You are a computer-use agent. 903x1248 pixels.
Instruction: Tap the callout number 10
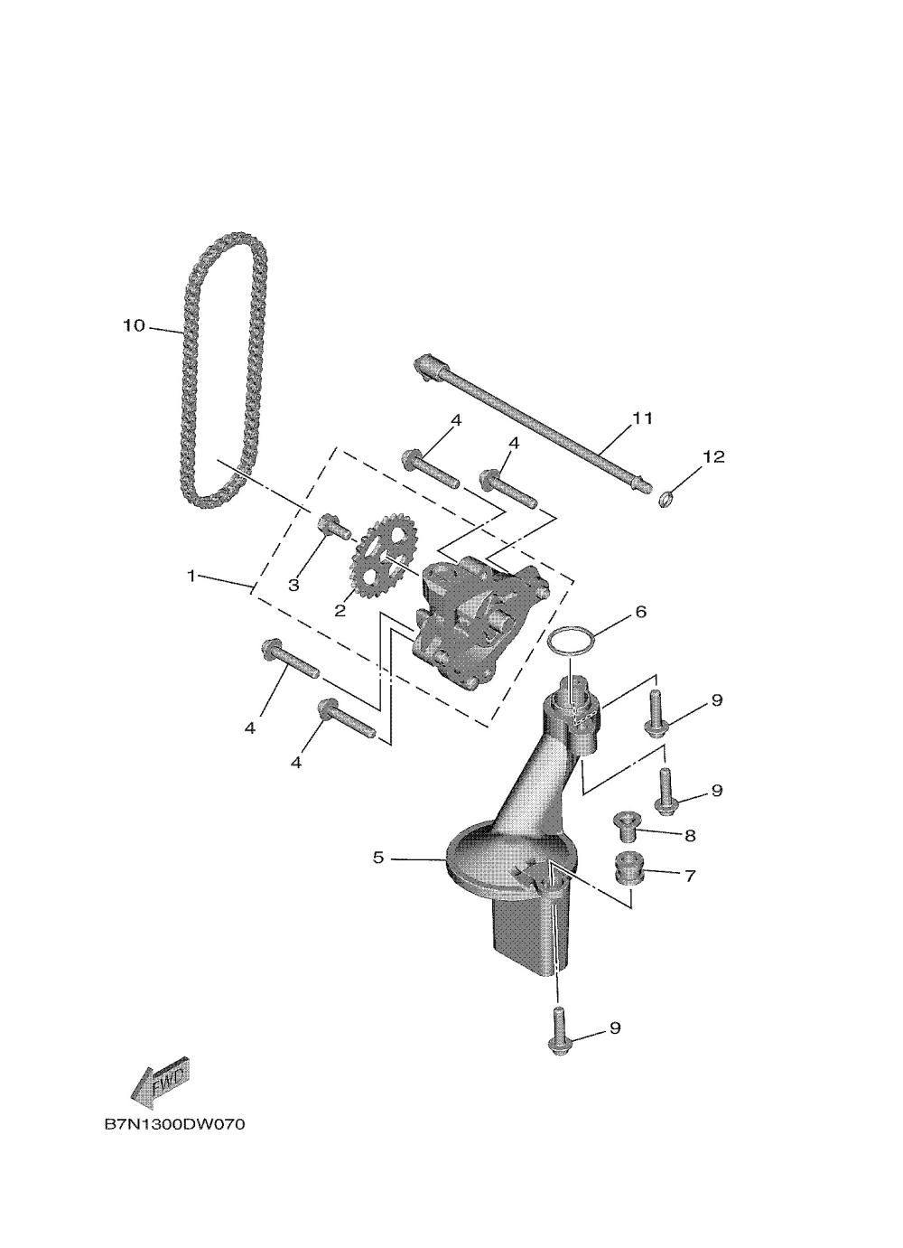[134, 325]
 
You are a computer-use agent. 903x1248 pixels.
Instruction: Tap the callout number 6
[640, 612]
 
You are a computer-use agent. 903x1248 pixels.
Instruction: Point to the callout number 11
[642, 418]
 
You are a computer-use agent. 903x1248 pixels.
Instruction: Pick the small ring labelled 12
[666, 496]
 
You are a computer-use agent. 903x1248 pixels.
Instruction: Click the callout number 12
[713, 457]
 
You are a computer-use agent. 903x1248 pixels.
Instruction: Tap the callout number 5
[379, 857]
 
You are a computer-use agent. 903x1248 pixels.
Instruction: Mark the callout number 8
[690, 836]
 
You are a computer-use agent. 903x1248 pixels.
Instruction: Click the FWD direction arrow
[160, 1079]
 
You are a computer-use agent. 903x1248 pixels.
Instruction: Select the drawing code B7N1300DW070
[174, 1125]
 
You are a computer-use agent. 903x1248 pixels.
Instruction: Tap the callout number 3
[293, 585]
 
